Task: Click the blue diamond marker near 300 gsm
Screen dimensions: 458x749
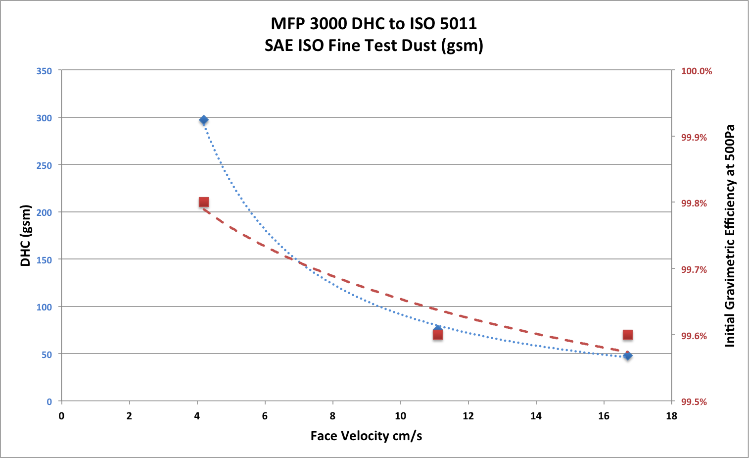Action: coord(203,120)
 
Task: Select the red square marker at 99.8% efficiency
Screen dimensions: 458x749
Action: coord(203,202)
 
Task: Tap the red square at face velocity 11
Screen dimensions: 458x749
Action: coord(438,335)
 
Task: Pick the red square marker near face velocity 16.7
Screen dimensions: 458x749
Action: coord(628,335)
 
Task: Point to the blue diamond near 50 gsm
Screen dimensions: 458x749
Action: coord(628,356)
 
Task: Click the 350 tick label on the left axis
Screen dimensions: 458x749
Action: coord(44,71)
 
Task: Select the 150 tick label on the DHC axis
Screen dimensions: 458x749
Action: coord(44,260)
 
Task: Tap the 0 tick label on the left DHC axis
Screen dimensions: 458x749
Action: coord(49,402)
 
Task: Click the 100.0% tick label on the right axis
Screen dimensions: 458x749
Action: coord(697,71)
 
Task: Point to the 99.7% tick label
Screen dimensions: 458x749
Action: coord(694,270)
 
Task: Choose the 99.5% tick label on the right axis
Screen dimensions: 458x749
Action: coord(694,402)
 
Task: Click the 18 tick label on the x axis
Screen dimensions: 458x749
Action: coord(671,416)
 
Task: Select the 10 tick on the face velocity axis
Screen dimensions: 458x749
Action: coord(400,416)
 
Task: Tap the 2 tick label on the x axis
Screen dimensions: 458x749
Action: coord(129,416)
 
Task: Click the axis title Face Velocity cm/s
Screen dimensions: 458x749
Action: coord(366,436)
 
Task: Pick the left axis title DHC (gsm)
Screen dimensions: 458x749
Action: coord(26,236)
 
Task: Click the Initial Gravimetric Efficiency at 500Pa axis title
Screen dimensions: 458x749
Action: coord(730,236)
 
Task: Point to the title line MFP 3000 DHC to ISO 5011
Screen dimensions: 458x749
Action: coord(374,23)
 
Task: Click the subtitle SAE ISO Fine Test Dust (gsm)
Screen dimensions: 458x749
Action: coord(374,45)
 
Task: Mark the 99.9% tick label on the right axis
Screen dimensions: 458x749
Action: coord(694,138)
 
